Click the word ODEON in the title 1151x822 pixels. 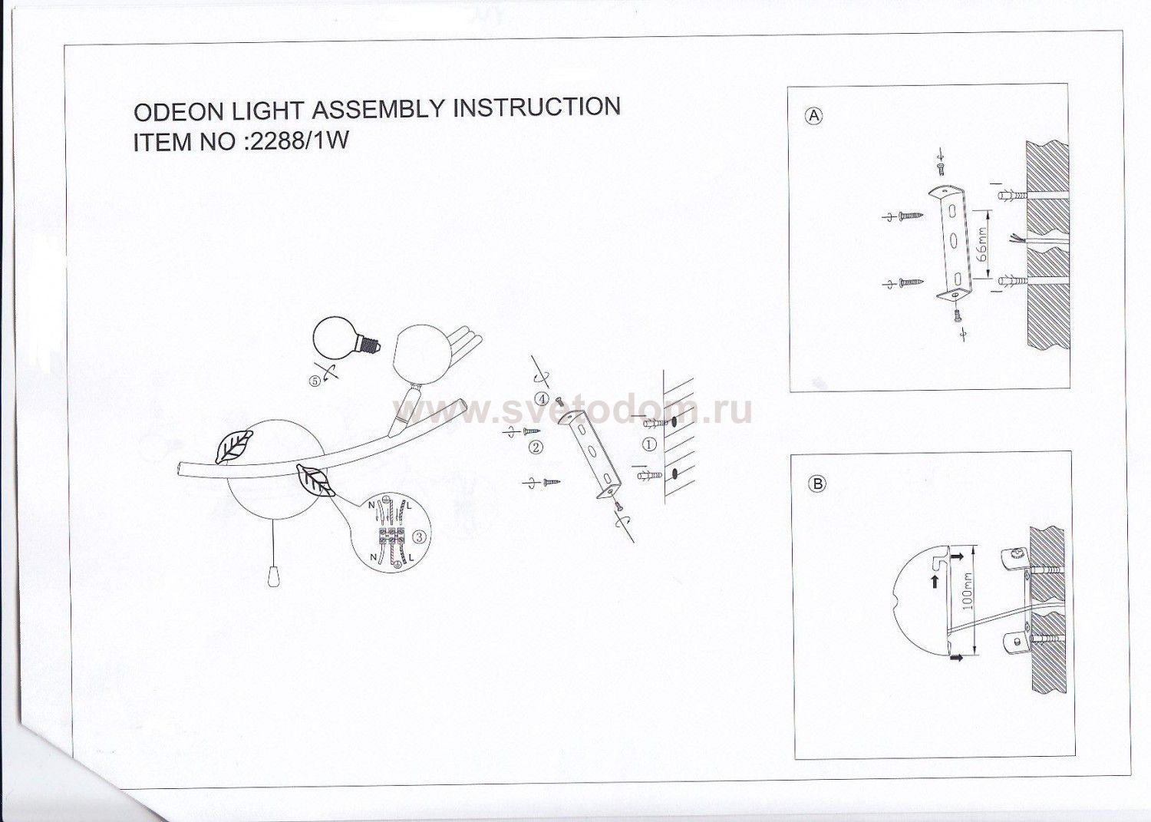tap(180, 111)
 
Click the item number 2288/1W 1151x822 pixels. tap(298, 141)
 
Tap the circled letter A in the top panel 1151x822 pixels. tap(813, 116)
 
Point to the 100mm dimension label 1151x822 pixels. tap(968, 591)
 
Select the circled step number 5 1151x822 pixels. tap(315, 381)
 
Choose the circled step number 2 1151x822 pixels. tap(536, 447)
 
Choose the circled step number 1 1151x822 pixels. tap(650, 444)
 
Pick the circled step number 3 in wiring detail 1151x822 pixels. tap(420, 537)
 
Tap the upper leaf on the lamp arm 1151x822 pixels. tap(234, 446)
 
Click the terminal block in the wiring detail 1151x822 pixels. tap(392, 535)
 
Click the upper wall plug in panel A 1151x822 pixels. tap(1012, 196)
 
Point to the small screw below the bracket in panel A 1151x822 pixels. tap(958, 315)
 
